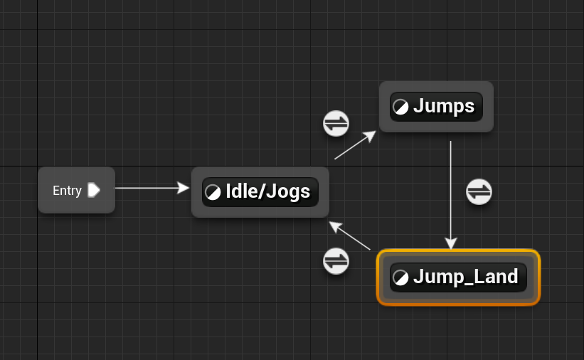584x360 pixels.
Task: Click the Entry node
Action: [76, 190]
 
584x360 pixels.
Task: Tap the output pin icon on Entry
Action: [94, 190]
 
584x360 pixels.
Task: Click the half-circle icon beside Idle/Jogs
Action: [213, 192]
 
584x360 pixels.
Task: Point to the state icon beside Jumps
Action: [401, 107]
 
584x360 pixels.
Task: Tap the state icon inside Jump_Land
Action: [401, 277]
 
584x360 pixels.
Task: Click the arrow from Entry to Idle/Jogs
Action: [152, 189]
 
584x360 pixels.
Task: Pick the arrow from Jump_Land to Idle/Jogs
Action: [350, 235]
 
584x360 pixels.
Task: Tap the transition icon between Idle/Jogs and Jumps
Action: [336, 123]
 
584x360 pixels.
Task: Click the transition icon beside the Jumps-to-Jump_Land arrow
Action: [479, 191]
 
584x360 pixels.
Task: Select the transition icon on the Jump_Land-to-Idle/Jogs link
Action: [336, 261]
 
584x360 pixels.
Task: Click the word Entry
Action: [67, 191]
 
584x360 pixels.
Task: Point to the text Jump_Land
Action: [465, 277]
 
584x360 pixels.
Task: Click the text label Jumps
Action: [443, 107]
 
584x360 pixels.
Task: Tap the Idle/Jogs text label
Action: [267, 192]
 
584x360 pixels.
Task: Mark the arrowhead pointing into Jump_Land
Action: [451, 243]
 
